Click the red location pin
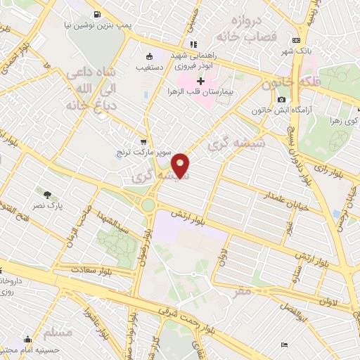pos(182,165)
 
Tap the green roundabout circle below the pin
pos(148,205)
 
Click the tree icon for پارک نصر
pos(48,195)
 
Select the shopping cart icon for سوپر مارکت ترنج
pos(143,141)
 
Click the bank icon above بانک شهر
pos(295,40)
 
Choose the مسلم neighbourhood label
pos(57,331)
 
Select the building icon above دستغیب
pos(148,57)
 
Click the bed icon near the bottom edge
pos(283,345)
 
